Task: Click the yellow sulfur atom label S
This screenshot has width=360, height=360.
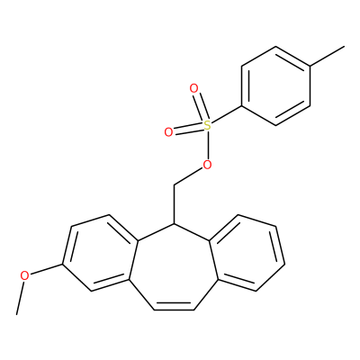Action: coord(207,126)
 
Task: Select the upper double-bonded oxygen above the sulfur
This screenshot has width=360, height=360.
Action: coord(194,89)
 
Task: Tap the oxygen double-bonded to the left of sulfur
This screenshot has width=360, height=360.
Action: coord(168,132)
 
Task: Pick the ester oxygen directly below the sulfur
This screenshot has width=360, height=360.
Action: coord(207,164)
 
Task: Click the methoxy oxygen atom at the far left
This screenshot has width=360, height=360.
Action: coord(24,275)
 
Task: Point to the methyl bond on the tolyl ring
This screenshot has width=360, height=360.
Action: coord(327,56)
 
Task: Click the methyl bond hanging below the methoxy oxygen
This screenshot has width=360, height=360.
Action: coord(20,298)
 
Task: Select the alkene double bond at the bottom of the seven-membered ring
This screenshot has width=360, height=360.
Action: coord(174,308)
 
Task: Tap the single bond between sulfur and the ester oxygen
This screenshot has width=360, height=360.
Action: coord(207,145)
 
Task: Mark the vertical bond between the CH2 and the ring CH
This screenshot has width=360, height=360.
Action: coord(174,204)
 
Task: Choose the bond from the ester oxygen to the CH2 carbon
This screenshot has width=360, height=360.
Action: coord(188,177)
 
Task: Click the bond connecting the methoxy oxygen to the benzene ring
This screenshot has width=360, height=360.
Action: coord(47,269)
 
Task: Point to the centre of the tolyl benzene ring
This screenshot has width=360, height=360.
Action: coord(275,85)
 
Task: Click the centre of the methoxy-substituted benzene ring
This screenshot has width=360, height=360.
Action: coord(100,253)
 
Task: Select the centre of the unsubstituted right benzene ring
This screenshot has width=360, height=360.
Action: coord(247,253)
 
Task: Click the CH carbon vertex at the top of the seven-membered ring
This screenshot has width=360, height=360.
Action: coord(174,224)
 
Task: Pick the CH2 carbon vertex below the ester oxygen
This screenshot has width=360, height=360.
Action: coord(174,185)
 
